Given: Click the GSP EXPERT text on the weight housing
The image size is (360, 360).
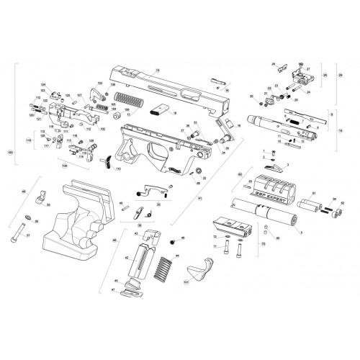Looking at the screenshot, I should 274,193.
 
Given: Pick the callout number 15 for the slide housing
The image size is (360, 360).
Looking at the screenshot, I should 156,67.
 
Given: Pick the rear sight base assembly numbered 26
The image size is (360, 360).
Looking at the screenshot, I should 297,74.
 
